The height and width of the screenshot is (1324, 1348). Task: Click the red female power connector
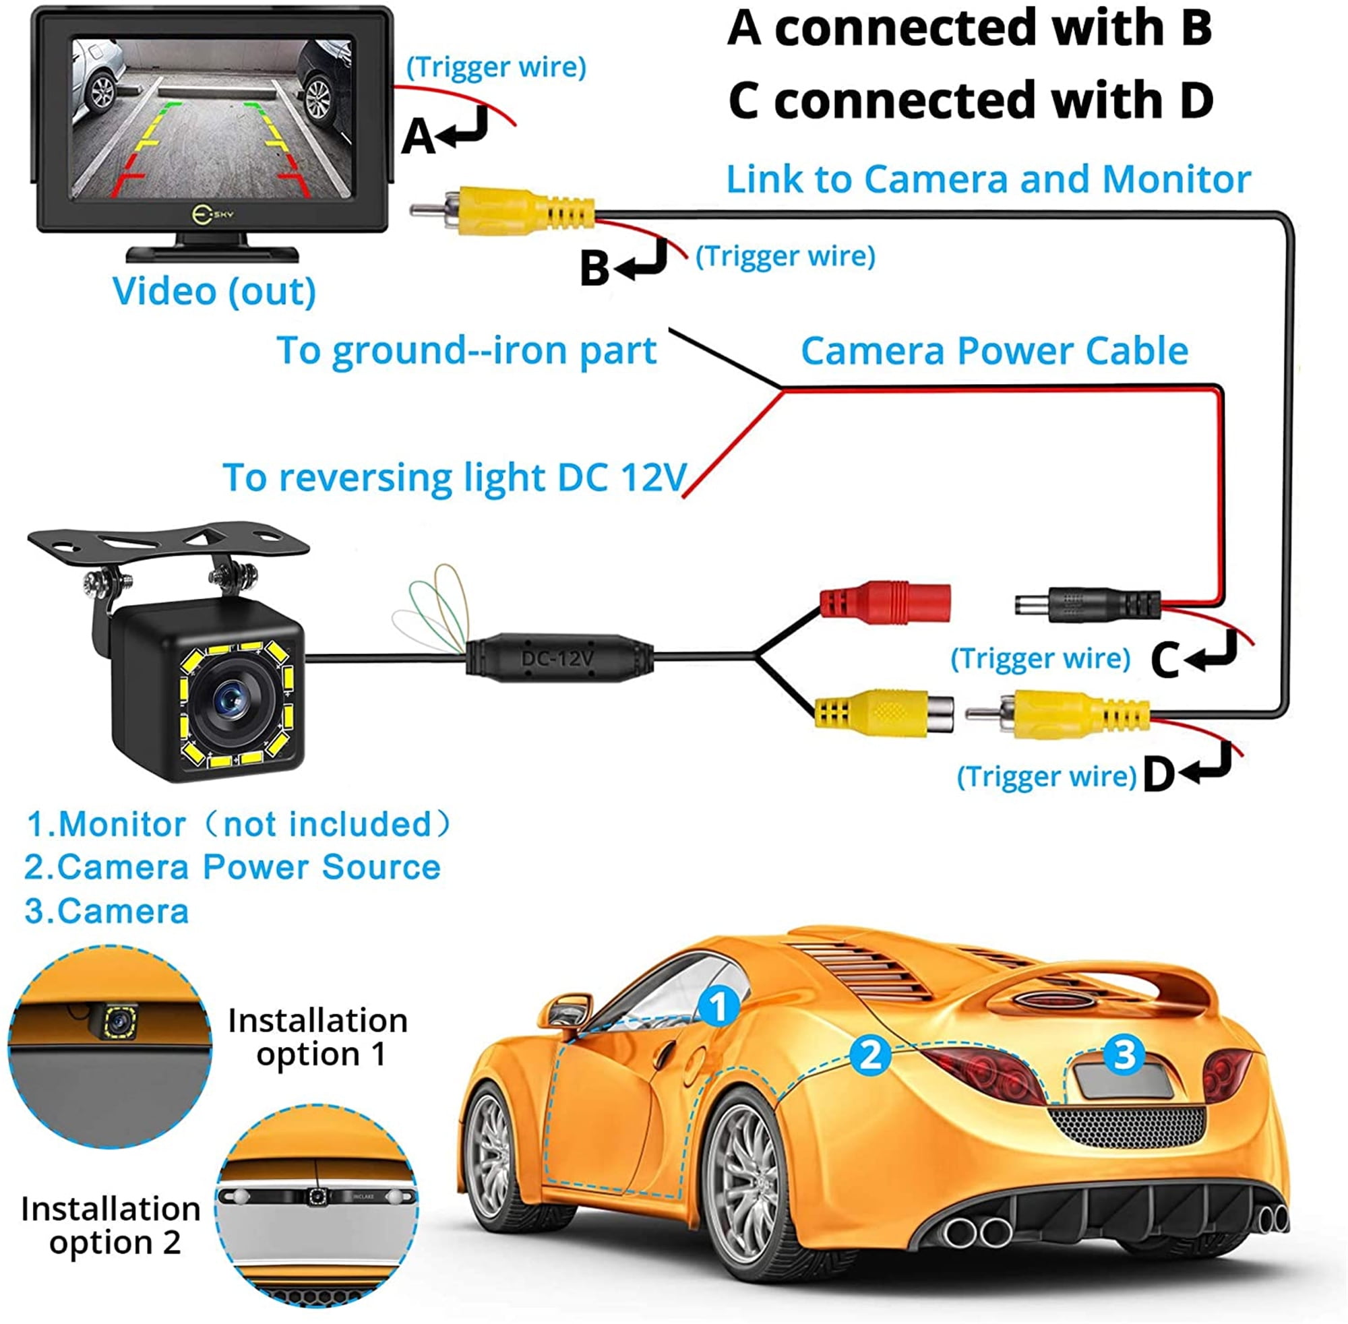click(x=884, y=602)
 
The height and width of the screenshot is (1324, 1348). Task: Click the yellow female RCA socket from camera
click(x=883, y=712)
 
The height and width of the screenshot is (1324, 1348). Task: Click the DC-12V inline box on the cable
click(x=559, y=656)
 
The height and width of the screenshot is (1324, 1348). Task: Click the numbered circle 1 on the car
click(x=718, y=1006)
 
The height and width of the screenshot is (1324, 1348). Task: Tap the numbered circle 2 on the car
click(x=869, y=1055)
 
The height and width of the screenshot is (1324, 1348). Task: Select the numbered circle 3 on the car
click(x=1124, y=1054)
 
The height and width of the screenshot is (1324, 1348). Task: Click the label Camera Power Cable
click(x=994, y=350)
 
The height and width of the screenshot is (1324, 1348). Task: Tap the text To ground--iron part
click(x=466, y=350)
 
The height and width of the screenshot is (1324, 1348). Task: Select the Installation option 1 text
click(x=318, y=1037)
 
